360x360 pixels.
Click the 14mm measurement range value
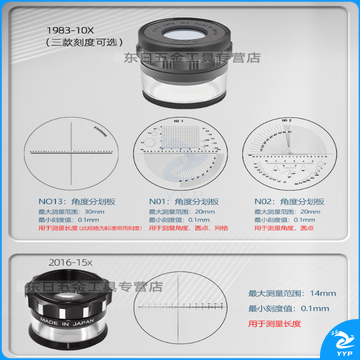tap(322, 293)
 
